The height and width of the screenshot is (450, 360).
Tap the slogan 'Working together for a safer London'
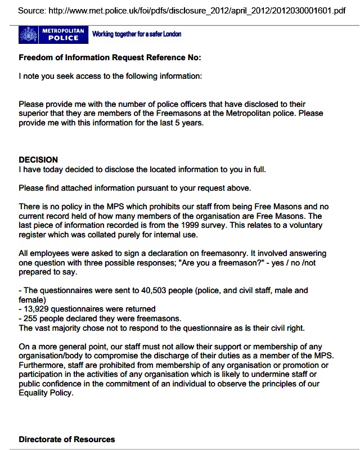(137, 34)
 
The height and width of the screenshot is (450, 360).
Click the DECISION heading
(38, 160)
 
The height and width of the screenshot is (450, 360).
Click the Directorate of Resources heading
(66, 439)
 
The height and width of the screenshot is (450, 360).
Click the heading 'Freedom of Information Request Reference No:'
(110, 57)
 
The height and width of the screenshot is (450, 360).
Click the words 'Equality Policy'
(47, 393)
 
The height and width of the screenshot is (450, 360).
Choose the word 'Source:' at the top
(33, 11)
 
